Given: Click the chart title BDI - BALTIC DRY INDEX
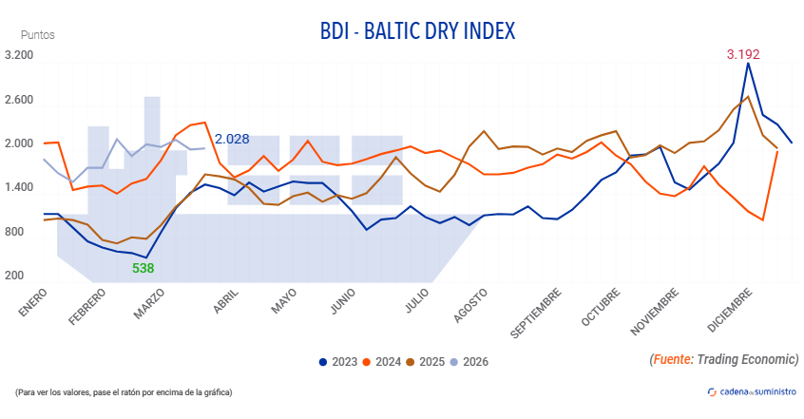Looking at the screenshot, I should [417, 31].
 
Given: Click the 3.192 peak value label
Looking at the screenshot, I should [743, 54].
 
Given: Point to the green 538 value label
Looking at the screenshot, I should [143, 268].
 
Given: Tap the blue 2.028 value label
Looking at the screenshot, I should [232, 139].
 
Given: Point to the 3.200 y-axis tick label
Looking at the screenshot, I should [19, 56].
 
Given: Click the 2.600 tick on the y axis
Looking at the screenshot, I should [19, 100].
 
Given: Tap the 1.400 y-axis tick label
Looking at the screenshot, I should [19, 188].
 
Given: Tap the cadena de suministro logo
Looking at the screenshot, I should [751, 391].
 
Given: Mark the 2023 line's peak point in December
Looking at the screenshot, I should [748, 64].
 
